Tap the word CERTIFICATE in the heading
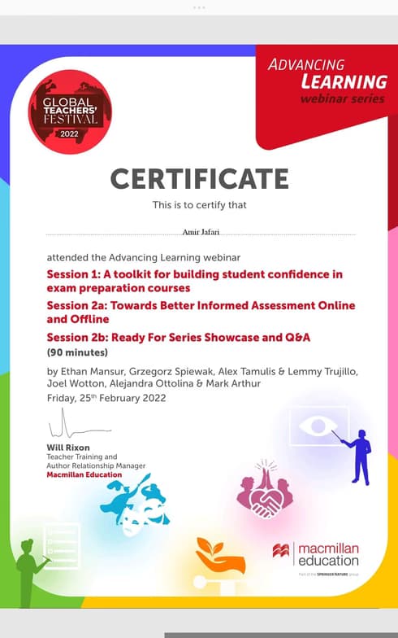199,178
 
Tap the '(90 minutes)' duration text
77,352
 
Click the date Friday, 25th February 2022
106,398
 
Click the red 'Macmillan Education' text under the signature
84,474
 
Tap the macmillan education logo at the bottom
317,554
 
